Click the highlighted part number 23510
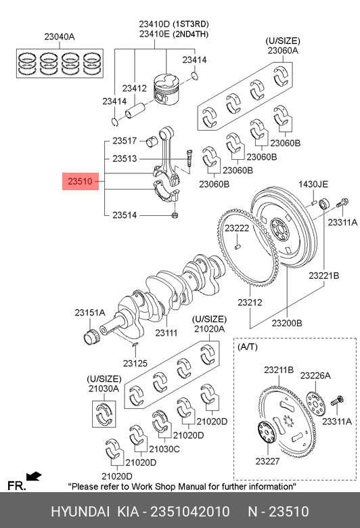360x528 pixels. coord(80,181)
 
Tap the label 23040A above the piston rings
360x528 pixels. coord(60,37)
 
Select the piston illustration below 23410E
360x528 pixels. coord(166,87)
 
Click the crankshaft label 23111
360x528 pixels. coord(166,332)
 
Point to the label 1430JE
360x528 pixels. coord(313,184)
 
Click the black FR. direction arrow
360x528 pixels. coord(34,477)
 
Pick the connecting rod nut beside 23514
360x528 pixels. coord(175,215)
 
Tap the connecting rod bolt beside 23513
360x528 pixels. coord(188,158)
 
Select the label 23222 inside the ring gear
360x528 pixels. coord(237,228)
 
